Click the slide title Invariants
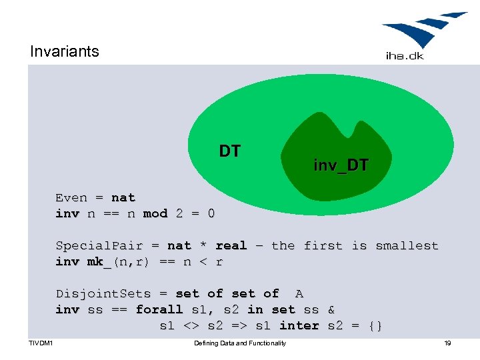[64, 51]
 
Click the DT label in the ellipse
[230, 151]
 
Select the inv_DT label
[341, 165]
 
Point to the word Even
[71, 197]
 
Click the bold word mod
[155, 213]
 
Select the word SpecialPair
[99, 245]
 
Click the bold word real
[231, 245]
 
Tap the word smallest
[407, 245]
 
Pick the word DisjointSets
[103, 293]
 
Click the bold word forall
[159, 309]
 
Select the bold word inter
[299, 325]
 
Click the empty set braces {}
[375, 325]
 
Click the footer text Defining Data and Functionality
[240, 343]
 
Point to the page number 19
[447, 343]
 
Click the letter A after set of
[299, 293]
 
